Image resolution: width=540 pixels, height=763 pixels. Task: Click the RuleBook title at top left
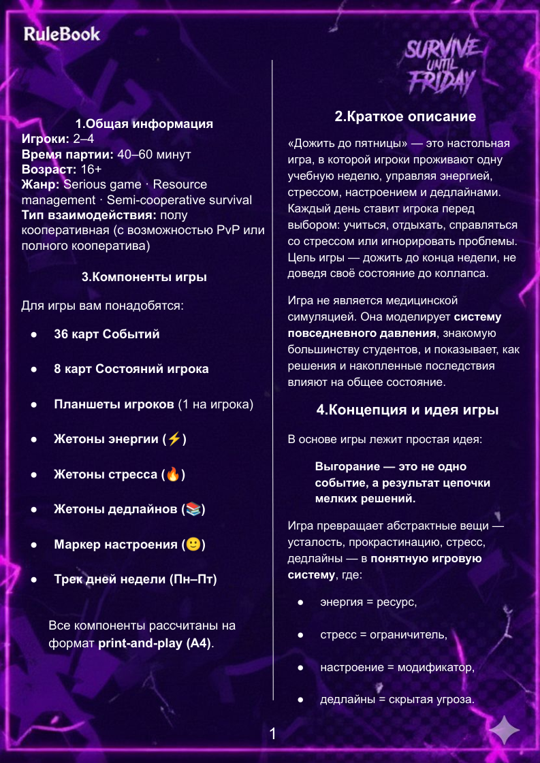coord(61,34)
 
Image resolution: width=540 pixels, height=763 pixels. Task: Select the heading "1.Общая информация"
coord(144,124)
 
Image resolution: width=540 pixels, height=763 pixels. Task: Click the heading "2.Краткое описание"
coord(405,116)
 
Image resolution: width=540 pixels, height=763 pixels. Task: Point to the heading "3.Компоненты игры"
coord(144,277)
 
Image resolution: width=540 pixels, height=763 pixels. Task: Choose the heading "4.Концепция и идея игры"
coord(407,410)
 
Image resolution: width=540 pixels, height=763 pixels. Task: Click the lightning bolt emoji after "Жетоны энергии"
coord(174,439)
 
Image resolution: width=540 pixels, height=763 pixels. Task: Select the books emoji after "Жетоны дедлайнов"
coord(193,509)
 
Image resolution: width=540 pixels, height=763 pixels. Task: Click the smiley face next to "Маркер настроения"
coord(193,545)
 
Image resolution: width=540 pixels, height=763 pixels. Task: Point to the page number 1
coord(272,734)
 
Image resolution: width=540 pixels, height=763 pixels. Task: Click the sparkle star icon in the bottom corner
coord(505,731)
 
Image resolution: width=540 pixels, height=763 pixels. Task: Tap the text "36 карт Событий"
coord(107,334)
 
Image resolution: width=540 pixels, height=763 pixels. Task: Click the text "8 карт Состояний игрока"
coord(131,369)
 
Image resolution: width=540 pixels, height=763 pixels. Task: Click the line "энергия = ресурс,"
coord(368,602)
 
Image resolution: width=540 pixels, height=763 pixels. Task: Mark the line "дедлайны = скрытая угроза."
coord(397,699)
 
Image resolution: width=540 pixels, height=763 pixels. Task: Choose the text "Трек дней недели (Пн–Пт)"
coord(136,580)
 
